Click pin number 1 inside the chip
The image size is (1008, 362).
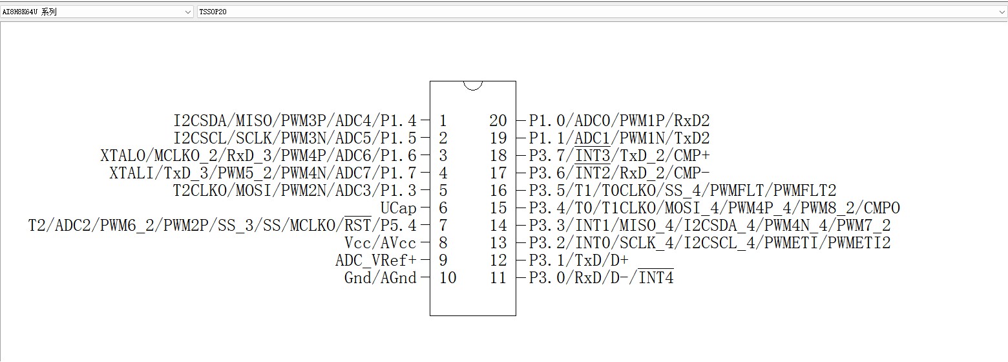click(443, 120)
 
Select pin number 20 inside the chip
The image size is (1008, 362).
click(498, 120)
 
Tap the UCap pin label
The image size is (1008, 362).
click(398, 208)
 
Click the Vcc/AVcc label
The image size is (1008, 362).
click(381, 243)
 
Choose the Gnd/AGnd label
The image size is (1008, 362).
click(381, 278)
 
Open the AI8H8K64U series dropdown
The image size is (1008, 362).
click(97, 12)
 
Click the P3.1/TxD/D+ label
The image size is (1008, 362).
click(579, 261)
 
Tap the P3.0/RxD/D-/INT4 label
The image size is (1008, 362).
click(602, 278)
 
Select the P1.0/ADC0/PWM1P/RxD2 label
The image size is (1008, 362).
click(619, 120)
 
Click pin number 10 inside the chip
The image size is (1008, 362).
click(447, 278)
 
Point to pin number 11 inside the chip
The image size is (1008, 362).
click(498, 278)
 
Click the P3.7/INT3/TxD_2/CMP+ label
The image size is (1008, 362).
click(619, 156)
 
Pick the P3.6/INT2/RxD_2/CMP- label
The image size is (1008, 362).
click(619, 173)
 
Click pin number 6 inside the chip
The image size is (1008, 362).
click(443, 208)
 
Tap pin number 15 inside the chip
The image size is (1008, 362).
click(498, 208)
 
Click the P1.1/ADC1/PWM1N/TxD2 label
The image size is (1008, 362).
click(619, 138)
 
